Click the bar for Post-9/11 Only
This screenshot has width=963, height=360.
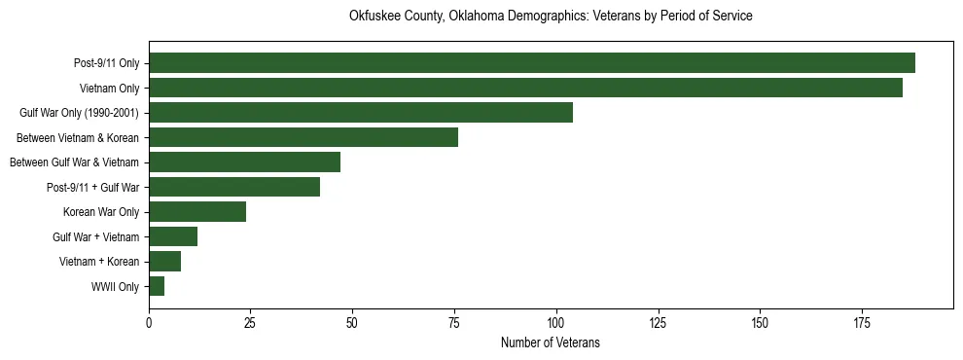[x=532, y=63]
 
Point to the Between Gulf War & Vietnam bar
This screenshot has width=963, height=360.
[x=244, y=162]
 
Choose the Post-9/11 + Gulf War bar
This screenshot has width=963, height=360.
[x=234, y=187]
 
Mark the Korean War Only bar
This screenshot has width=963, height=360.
[x=197, y=212]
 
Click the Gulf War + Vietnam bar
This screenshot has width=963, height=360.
[x=173, y=236]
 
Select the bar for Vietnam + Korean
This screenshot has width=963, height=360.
[x=165, y=262]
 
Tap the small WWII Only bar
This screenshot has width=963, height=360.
[x=157, y=286]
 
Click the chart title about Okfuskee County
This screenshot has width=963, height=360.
[x=551, y=17]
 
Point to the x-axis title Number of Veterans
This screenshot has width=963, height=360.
[x=551, y=343]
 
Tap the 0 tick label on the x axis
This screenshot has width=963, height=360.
[x=149, y=322]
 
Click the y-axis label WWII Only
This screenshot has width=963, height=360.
[x=115, y=287]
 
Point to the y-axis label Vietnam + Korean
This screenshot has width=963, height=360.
[x=99, y=262]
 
